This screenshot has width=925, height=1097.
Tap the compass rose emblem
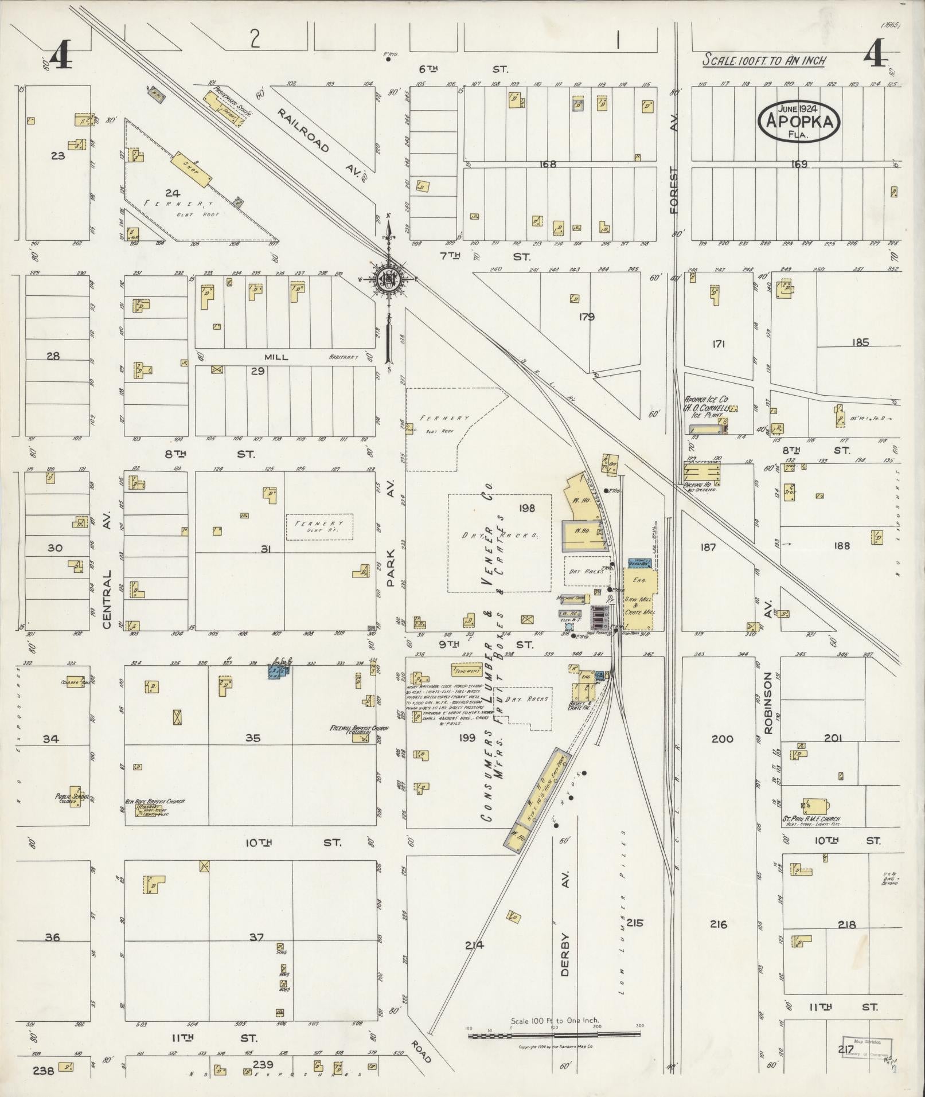pyautogui.click(x=388, y=279)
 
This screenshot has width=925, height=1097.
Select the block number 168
pyautogui.click(x=548, y=164)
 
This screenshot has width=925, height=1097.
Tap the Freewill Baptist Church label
pyautogui.click(x=359, y=729)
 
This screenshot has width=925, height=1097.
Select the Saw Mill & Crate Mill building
pyautogui.click(x=641, y=600)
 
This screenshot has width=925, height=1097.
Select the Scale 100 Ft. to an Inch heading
pyautogui.click(x=764, y=61)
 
